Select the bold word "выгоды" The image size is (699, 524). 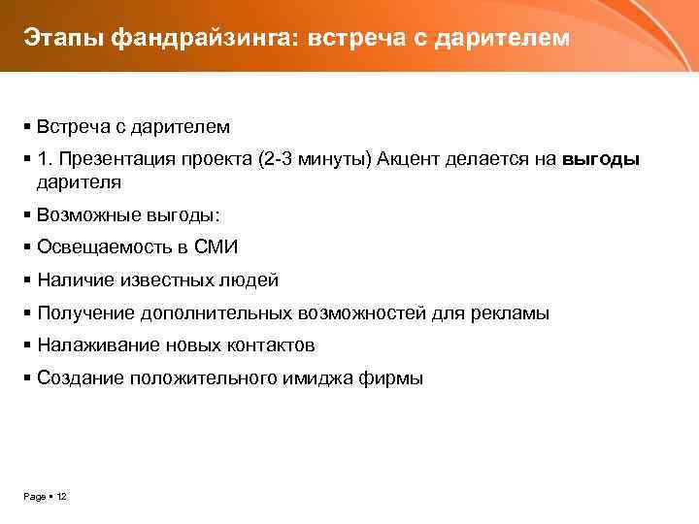point(601,159)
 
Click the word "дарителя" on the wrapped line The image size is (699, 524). point(79,180)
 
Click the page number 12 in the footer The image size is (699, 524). point(61,497)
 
